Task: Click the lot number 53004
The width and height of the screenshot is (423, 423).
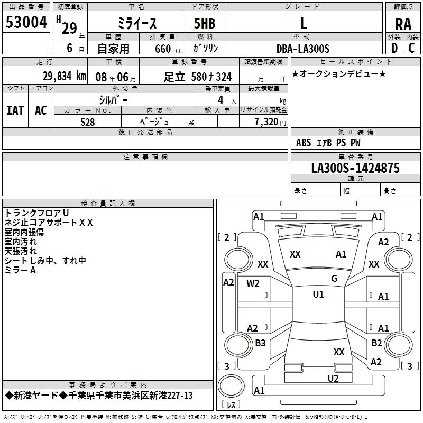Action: point(26,23)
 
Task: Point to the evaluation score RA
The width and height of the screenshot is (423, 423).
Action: point(403,24)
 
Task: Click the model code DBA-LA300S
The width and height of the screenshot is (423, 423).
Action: point(302,49)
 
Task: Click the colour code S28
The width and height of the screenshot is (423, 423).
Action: point(88,122)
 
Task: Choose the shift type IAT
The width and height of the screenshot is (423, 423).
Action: point(15,111)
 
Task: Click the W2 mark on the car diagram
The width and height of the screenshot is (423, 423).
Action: point(253,283)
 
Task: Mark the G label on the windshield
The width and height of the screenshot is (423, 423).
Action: point(334,279)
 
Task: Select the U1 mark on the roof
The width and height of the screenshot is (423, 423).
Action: point(318,295)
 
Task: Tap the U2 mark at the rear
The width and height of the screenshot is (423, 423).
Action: point(333,378)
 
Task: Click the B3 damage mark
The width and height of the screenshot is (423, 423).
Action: point(260,343)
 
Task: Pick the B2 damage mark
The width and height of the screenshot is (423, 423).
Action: point(376,343)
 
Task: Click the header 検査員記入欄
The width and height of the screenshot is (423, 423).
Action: point(108,204)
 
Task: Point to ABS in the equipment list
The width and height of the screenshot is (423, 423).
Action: point(304,143)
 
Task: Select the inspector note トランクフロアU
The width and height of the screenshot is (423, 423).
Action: point(36,213)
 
